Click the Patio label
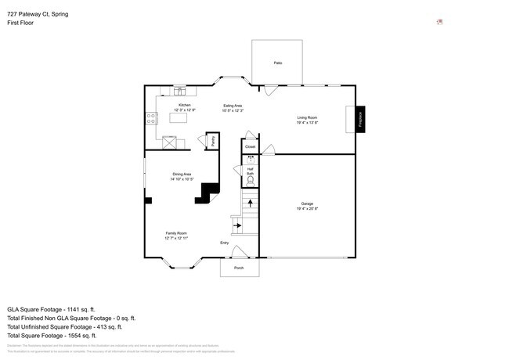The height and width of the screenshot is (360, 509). point(277,63)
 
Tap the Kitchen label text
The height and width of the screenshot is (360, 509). point(184,105)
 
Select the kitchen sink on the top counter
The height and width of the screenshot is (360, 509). point(178,90)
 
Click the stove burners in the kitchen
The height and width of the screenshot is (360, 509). point(150,119)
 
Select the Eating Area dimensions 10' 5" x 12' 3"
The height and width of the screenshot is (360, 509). point(233,110)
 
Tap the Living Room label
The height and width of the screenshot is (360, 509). point(306,116)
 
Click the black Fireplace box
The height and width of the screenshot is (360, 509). point(361,120)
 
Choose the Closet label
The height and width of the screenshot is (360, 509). point(250,146)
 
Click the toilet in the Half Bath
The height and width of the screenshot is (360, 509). point(251,180)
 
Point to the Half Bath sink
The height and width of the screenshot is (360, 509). point(251,161)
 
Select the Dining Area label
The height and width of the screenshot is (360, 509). point(182,175)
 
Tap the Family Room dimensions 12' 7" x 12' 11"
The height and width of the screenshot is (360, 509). point(175,238)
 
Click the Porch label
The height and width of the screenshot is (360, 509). point(239,268)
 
